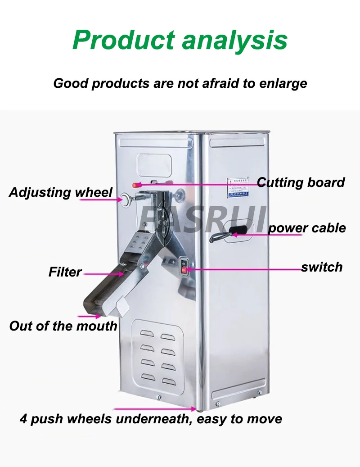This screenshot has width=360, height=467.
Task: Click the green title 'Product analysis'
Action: point(180,40)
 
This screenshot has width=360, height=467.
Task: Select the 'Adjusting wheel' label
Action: point(61,192)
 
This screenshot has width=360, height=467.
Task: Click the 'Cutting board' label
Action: point(301,182)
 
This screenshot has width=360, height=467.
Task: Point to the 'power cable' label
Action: point(307,228)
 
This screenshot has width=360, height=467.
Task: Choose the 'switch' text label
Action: point(322,267)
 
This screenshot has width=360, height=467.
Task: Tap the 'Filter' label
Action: point(65,272)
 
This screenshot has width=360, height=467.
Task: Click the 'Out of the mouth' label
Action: point(63,326)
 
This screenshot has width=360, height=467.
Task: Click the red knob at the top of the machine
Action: point(135,184)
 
